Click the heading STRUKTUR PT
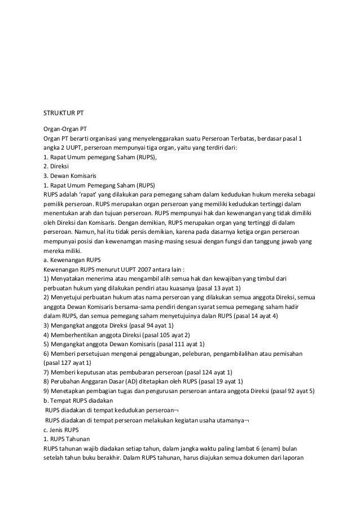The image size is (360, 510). (64, 111)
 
